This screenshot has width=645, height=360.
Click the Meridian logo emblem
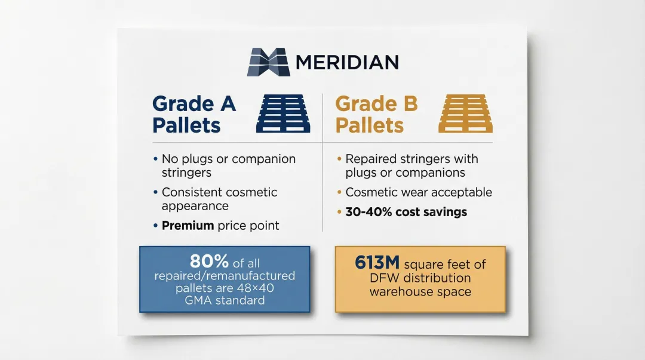(269, 62)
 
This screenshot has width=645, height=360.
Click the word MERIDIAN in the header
(346, 62)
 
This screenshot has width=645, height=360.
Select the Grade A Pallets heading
(194, 114)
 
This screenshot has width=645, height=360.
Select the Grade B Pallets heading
(376, 114)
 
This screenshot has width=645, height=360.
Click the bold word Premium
(188, 226)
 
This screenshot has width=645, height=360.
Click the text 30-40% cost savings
(406, 212)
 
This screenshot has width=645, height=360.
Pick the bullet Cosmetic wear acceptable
(419, 192)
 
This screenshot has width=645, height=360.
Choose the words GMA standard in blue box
(224, 300)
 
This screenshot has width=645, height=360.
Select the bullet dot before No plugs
(155, 159)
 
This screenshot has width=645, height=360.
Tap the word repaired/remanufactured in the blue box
(225, 275)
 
